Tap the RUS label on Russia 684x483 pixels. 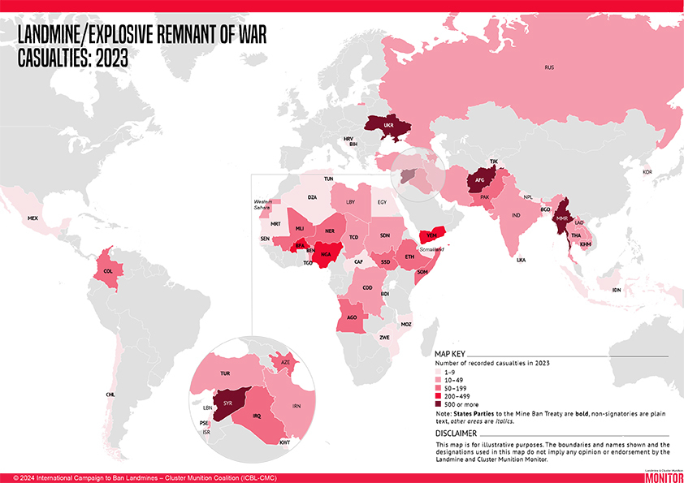click(550, 67)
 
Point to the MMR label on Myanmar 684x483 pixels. click(562, 219)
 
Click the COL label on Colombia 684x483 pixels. click(108, 271)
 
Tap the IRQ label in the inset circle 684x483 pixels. click(257, 416)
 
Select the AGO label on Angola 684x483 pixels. click(352, 317)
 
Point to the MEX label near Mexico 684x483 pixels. click(32, 219)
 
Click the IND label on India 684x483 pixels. click(515, 216)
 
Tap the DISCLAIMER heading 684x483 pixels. click(456, 433)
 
